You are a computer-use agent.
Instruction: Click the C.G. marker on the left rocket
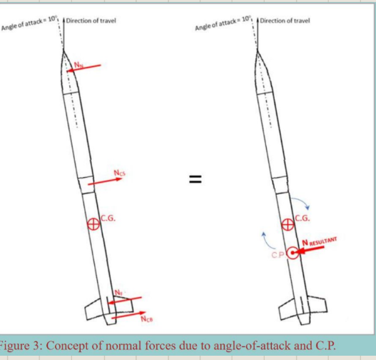92,224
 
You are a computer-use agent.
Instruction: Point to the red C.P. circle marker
293,252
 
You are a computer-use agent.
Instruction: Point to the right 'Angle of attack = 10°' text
223,26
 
